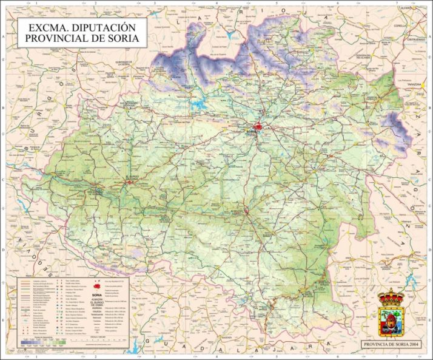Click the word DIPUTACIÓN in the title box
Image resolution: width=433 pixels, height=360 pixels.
(106, 28)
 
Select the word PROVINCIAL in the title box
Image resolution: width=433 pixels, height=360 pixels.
(58, 39)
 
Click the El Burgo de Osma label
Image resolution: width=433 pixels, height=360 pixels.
(132, 177)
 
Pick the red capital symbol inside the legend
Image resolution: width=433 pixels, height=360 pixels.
(97, 282)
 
